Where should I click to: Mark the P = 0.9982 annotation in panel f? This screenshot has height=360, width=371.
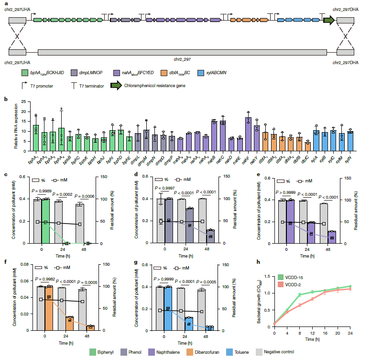[x=42, y=279]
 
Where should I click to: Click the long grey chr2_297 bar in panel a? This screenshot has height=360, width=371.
[x=182, y=52]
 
